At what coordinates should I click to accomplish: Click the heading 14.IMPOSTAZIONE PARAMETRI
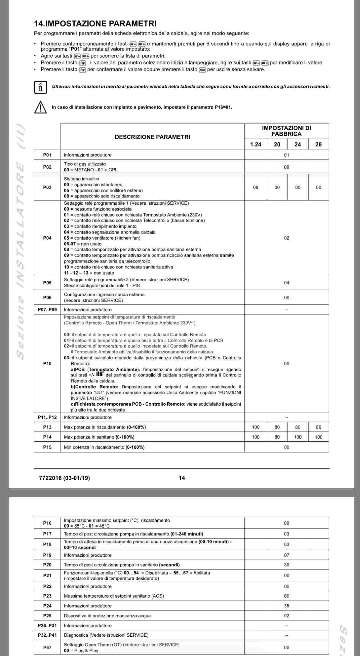tap(95, 24)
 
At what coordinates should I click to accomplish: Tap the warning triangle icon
tap(40, 107)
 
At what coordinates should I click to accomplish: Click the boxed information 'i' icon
tap(40, 87)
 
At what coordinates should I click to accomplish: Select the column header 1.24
tap(256, 144)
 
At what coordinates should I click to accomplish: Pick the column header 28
tap(318, 144)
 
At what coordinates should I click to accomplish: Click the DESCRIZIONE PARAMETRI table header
tap(152, 137)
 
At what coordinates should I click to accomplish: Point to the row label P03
tap(47, 187)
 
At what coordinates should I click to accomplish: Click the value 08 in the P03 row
tap(256, 187)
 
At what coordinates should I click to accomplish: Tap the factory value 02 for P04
tap(286, 238)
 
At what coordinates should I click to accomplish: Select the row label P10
tap(47, 363)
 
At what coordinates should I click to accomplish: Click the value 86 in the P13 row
tap(318, 427)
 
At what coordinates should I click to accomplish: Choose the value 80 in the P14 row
tap(277, 437)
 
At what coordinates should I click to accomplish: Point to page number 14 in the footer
tap(182, 478)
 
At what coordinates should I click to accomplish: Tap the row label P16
tap(47, 523)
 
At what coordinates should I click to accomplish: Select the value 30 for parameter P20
tap(286, 565)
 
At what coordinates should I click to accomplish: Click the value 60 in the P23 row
tap(286, 596)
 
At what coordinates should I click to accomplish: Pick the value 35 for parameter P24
tap(286, 606)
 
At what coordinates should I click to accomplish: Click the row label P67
tap(47, 647)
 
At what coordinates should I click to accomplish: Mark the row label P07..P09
tap(47, 309)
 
